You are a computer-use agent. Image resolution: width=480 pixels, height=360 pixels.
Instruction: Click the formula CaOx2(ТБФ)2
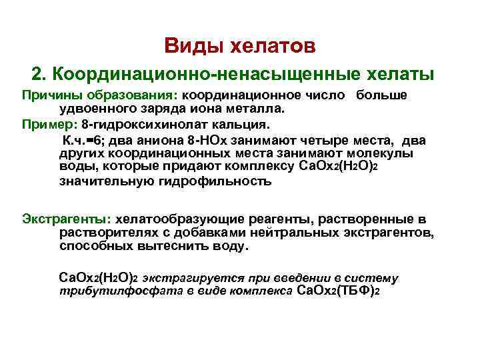pyautogui.click(x=337, y=291)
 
